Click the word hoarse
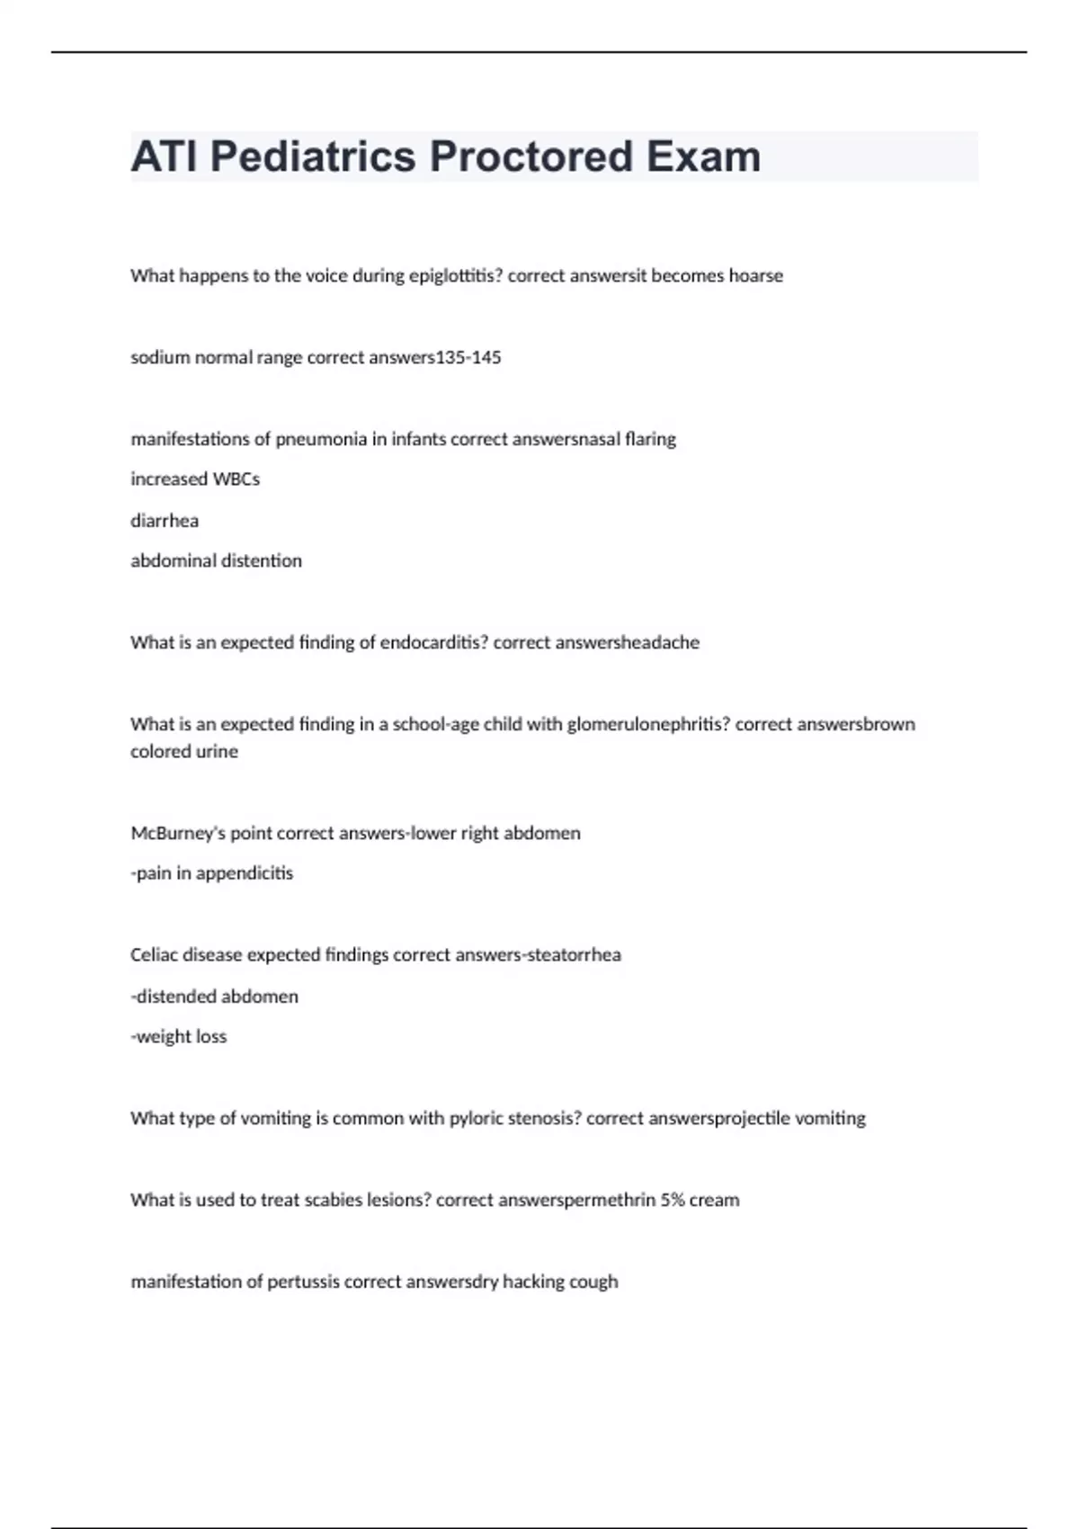click(755, 276)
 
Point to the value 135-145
click(468, 358)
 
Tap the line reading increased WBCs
click(195, 479)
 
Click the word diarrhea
click(165, 521)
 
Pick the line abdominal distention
click(216, 561)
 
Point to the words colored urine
click(184, 752)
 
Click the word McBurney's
click(178, 834)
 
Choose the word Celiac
click(154, 955)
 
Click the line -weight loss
click(179, 1037)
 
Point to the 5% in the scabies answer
click(673, 1201)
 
